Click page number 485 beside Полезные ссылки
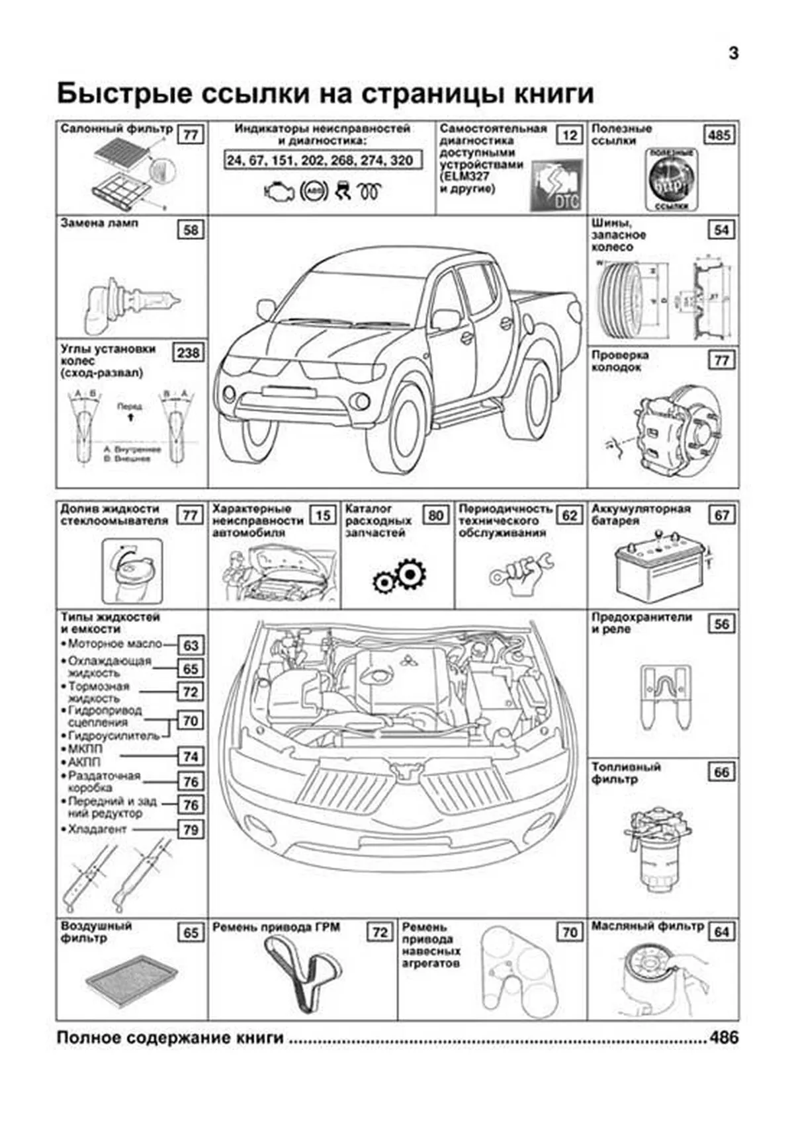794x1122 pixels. tap(719, 136)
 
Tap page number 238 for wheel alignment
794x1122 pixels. tap(188, 352)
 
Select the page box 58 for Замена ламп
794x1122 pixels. tap(190, 230)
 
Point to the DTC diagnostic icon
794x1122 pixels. tap(556, 186)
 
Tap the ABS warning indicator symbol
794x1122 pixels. tap(314, 191)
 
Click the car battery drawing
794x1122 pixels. tap(658, 566)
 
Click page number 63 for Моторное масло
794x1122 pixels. tap(191, 645)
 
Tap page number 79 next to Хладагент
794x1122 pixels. tap(191, 830)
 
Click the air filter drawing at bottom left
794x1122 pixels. tap(131, 979)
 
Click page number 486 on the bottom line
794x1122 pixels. tap(723, 1038)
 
